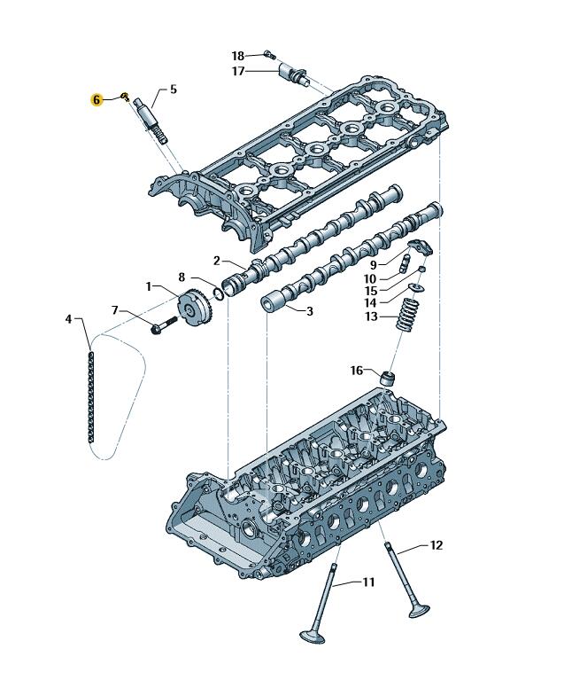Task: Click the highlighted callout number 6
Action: coord(97,99)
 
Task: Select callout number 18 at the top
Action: coord(238,55)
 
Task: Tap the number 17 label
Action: coord(238,71)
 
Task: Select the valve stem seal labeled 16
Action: coord(386,377)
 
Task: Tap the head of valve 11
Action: coord(312,637)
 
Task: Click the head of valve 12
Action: coord(419,611)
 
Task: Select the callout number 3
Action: coord(310,311)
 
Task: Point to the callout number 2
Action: coord(216,260)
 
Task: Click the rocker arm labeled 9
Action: coord(419,246)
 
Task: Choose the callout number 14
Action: coord(371,303)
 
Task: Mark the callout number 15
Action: coord(371,291)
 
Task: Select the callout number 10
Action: coord(371,279)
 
